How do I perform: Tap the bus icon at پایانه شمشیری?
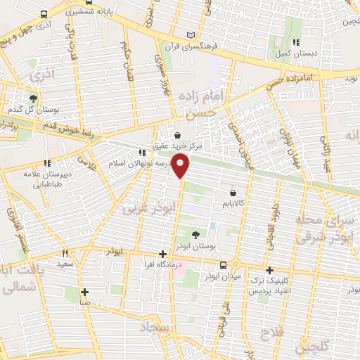click(x=44, y=14)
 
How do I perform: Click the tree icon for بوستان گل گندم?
click(x=32, y=98)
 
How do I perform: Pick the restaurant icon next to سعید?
click(x=65, y=252)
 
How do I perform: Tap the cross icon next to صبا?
click(x=84, y=292)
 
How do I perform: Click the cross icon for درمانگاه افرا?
click(x=162, y=255)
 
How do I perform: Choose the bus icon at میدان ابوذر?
click(x=224, y=265)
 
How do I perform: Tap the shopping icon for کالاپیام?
click(x=233, y=192)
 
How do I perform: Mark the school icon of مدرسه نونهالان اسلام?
click(x=142, y=152)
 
